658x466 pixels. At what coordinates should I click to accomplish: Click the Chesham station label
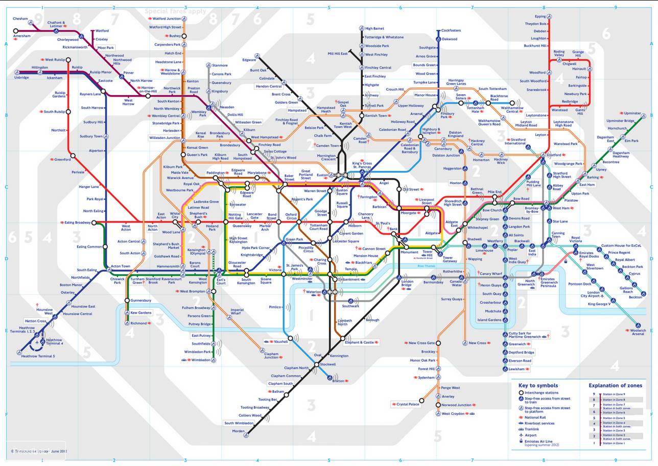[21, 19]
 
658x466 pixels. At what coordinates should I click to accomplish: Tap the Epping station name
[540, 16]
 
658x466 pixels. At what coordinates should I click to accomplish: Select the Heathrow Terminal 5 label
[38, 356]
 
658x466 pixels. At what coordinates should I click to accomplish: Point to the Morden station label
[238, 431]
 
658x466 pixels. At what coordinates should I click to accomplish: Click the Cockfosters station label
[451, 31]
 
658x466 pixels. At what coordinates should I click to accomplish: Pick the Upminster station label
[632, 113]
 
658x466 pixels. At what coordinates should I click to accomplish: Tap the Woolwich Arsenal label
[638, 332]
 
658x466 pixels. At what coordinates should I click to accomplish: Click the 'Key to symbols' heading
[538, 385]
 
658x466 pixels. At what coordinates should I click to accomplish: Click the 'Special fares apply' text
[175, 11]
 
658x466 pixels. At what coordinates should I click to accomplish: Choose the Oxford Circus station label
[291, 216]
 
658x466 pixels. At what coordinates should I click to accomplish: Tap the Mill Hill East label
[337, 53]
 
